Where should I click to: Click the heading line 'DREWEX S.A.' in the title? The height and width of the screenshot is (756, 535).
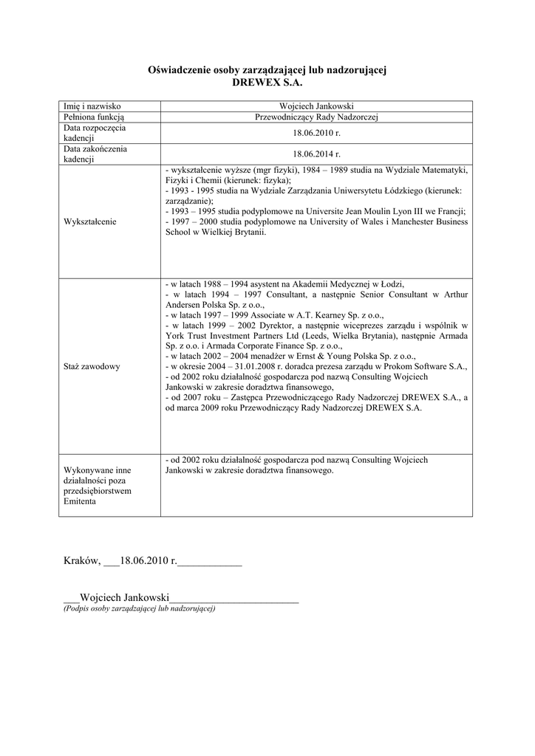pyautogui.click(x=267, y=82)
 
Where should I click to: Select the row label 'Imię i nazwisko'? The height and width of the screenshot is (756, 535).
pyautogui.click(x=92, y=106)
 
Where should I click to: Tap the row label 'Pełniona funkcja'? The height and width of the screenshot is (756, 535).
pyautogui.click(x=94, y=117)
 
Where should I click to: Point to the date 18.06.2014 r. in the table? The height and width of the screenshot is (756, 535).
pyautogui.click(x=316, y=154)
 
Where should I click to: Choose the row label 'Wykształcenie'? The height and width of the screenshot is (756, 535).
pyautogui.click(x=95, y=221)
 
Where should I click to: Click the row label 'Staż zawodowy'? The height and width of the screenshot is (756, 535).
pyautogui.click(x=92, y=365)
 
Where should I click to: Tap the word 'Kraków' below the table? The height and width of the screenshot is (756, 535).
pyautogui.click(x=81, y=561)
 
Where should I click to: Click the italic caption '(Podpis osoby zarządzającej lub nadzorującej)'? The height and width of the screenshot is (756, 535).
pyautogui.click(x=139, y=608)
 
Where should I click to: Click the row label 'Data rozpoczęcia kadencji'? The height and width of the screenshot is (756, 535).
pyautogui.click(x=94, y=133)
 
